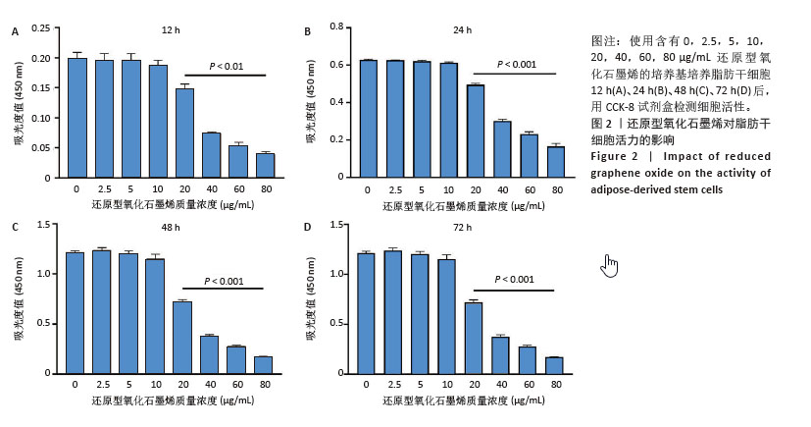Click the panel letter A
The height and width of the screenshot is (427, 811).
15,30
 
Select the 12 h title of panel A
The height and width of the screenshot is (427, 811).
171,30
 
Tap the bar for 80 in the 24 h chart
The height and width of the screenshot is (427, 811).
556,162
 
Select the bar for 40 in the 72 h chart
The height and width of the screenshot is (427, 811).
500,354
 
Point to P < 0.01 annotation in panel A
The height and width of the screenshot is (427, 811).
227,66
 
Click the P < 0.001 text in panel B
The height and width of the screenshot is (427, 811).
517,65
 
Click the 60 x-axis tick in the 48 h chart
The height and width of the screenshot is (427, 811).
236,385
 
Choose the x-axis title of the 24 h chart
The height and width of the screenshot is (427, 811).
460,204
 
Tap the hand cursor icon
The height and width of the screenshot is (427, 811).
610,265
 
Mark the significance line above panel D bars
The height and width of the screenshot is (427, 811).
514,290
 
